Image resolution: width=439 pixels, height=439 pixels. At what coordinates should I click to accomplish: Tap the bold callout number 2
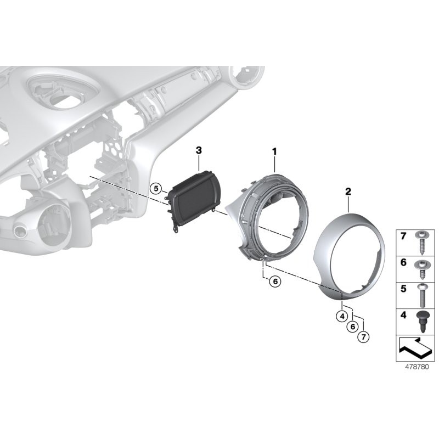(348, 192)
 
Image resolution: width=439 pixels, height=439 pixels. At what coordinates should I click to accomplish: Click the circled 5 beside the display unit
(156, 189)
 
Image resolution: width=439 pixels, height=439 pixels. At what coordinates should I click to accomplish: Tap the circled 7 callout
(362, 337)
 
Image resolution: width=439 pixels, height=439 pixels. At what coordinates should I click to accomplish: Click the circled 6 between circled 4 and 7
(352, 326)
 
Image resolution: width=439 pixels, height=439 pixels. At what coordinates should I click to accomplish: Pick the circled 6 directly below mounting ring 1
(275, 282)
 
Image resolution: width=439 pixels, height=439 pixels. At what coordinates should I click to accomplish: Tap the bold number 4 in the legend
(403, 317)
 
